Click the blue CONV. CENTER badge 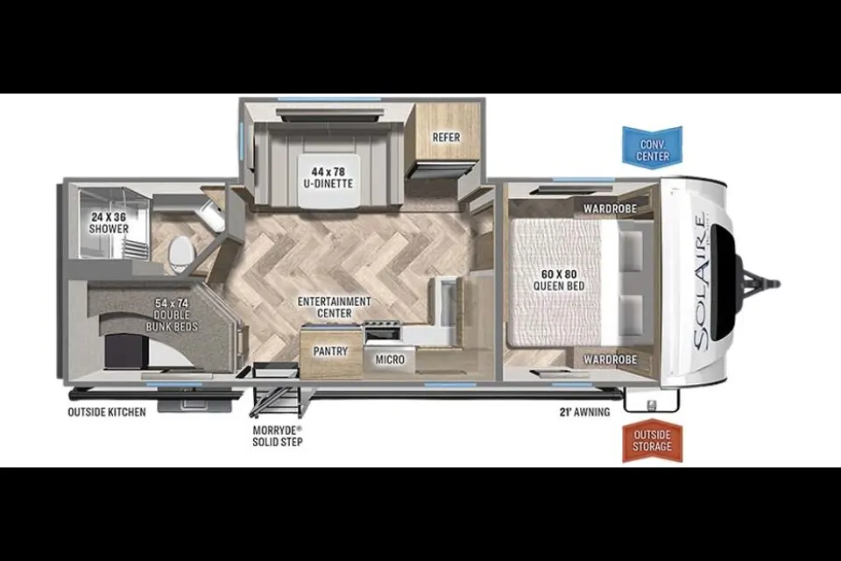[652, 146]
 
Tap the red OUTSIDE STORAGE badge [652, 441]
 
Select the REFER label [446, 138]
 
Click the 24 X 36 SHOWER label [110, 224]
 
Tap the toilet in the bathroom [180, 252]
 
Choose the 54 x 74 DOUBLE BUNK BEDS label [172, 315]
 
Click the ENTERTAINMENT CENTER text [334, 307]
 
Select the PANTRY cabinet [330, 352]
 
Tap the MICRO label [390, 359]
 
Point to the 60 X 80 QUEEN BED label [559, 280]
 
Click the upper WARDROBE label [610, 209]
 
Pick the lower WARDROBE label [610, 359]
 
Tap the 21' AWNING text [584, 412]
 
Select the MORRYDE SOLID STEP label [278, 436]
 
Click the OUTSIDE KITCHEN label [107, 412]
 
